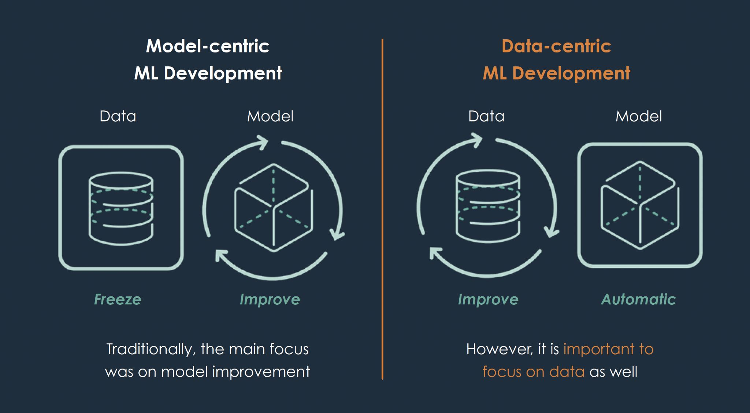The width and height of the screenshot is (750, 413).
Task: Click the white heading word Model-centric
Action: (x=207, y=46)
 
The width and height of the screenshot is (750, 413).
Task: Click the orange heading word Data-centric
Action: (x=556, y=46)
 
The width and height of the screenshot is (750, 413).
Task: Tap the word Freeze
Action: (x=118, y=299)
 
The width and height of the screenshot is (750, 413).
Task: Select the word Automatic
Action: (x=638, y=299)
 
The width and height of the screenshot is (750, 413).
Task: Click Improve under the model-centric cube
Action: (x=270, y=299)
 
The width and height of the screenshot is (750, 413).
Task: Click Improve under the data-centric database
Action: (x=488, y=299)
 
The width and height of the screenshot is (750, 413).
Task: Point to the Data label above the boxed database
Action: (x=118, y=116)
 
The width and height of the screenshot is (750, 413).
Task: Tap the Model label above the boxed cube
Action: (x=639, y=116)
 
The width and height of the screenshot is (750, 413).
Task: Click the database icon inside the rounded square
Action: (x=121, y=208)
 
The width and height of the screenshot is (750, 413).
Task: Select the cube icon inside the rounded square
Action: (x=640, y=205)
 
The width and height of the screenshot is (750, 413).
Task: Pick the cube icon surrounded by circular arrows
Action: (x=273, y=208)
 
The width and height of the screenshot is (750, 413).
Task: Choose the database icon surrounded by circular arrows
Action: (x=487, y=206)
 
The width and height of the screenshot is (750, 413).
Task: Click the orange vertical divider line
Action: (x=382, y=209)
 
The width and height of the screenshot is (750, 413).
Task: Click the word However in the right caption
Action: (x=499, y=349)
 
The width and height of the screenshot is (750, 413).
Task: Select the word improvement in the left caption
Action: (x=261, y=372)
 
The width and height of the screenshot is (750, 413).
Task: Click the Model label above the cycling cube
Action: (x=270, y=116)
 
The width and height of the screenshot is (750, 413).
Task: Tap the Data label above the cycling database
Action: (x=486, y=116)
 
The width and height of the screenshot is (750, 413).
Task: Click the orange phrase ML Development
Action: (x=556, y=73)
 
